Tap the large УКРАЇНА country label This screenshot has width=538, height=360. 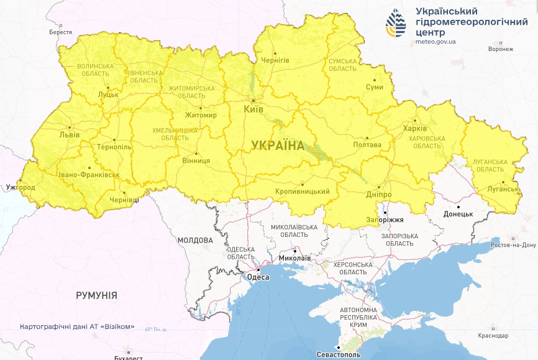[x=278, y=145]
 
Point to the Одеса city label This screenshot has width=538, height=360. [x=258, y=277]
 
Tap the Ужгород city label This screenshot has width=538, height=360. [x=20, y=187]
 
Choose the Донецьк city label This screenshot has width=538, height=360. [x=458, y=214]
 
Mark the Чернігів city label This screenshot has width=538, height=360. [x=275, y=60]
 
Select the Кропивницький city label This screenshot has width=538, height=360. [x=302, y=192]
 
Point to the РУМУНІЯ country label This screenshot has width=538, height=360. [x=96, y=295]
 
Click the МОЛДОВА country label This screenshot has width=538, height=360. [x=194, y=240]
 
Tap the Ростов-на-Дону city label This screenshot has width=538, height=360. [x=513, y=245]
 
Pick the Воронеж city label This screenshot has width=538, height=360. [x=501, y=48]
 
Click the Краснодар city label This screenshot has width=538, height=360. [x=493, y=335]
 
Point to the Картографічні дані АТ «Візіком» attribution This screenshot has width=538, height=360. [x=77, y=326]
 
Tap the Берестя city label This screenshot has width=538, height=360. [x=60, y=32]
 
